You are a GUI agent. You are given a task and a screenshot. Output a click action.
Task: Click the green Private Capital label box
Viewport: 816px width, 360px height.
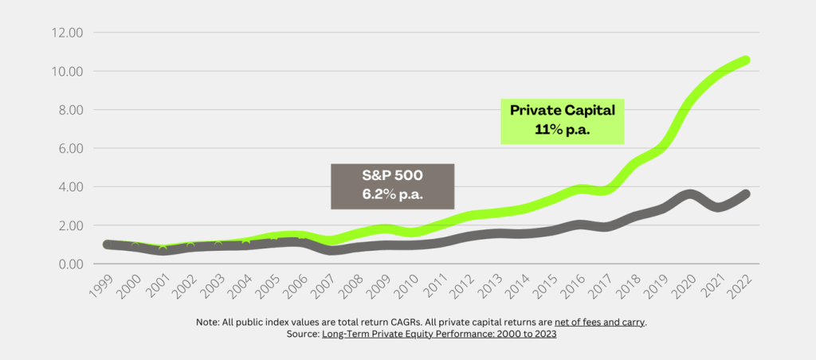pos(563,120)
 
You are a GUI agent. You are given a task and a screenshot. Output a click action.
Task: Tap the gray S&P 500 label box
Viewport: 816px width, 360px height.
pos(392,186)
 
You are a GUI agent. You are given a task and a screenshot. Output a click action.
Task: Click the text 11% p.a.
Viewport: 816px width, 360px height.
pos(563,131)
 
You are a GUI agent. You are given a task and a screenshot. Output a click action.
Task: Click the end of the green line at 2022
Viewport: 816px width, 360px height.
pos(744,61)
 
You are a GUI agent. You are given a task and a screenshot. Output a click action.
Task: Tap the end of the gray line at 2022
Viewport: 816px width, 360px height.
pos(744,194)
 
